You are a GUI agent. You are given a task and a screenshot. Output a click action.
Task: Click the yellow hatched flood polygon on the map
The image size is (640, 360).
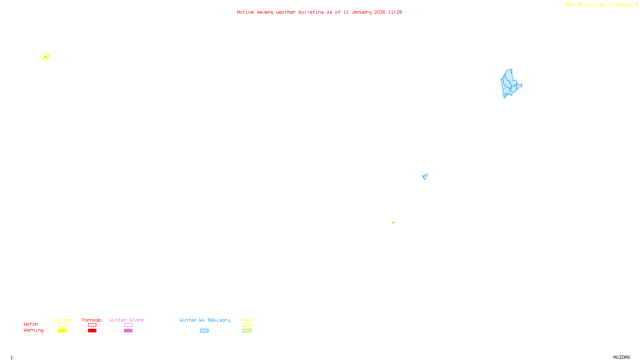click(46, 57)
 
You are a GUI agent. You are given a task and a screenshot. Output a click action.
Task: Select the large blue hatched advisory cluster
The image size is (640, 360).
click(510, 84)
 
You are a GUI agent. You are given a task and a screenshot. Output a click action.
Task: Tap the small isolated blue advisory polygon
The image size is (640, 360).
click(425, 176)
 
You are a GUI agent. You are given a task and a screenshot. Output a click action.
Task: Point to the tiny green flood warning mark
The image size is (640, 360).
click(393, 222)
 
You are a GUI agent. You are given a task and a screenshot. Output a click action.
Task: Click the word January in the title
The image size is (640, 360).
click(361, 12)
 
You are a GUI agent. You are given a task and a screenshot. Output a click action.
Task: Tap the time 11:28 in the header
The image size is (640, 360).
click(395, 12)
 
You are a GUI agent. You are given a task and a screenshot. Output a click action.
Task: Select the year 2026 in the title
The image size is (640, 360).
click(380, 12)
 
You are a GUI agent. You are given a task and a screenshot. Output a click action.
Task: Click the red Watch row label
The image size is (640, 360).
click(31, 324)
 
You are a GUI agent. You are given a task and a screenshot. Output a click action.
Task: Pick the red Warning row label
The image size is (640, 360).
click(33, 330)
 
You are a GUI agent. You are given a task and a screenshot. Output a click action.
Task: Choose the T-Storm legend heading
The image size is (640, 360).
click(62, 320)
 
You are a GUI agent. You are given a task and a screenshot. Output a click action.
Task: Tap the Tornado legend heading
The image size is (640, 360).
click(92, 320)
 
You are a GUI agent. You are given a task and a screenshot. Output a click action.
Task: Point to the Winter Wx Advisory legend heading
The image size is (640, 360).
click(205, 320)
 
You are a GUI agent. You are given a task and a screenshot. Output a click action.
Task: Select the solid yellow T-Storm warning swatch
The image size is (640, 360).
click(62, 331)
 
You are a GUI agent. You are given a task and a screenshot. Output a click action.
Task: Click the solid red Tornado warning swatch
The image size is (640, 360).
click(92, 331)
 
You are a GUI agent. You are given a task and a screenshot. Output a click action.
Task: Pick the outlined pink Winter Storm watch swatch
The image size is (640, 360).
click(128, 325)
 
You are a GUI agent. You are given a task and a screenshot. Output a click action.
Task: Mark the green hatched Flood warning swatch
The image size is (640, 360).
click(247, 331)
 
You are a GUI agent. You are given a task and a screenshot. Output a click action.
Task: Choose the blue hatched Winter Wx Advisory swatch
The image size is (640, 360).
click(204, 331)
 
